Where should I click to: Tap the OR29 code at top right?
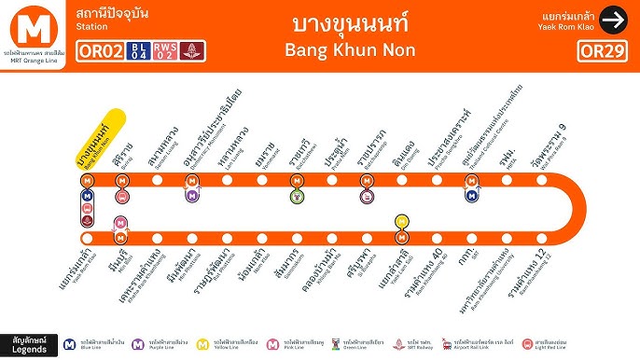click(x=599, y=49)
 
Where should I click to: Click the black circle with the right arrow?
click(x=613, y=19)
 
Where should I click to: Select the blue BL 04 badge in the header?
click(x=139, y=49)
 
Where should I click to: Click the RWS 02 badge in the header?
click(x=165, y=49)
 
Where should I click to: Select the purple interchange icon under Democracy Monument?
click(x=192, y=195)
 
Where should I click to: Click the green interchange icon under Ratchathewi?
click(x=296, y=195)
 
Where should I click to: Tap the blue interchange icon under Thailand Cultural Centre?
click(x=471, y=195)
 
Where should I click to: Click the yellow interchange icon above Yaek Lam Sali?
click(x=401, y=222)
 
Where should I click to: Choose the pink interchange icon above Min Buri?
click(x=120, y=223)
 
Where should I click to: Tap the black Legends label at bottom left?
click(x=29, y=343)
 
